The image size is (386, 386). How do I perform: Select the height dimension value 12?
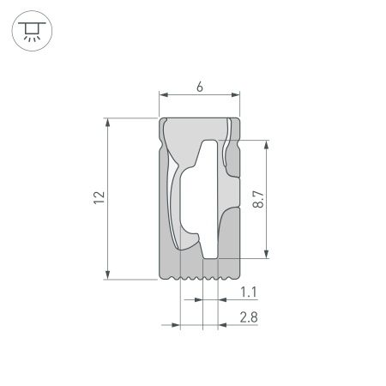(x=100, y=198)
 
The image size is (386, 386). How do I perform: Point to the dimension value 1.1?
(x=249, y=293)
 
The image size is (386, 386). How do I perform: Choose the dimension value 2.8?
(x=249, y=317)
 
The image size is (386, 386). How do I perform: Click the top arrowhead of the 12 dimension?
(x=107, y=123)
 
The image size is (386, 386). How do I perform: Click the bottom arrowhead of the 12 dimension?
(x=107, y=274)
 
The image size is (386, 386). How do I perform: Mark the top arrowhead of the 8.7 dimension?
(x=268, y=145)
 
